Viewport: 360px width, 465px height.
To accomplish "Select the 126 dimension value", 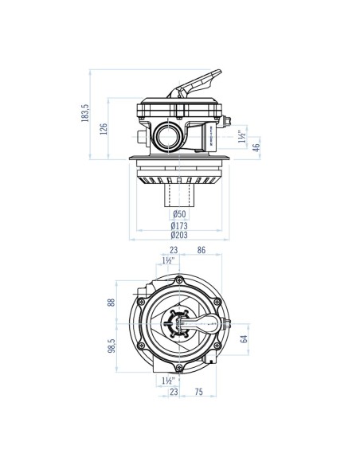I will (x=104, y=130).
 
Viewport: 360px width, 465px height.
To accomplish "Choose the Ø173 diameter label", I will (x=179, y=225).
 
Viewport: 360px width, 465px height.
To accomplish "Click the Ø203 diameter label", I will (x=179, y=236).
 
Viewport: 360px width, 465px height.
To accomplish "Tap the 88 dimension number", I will (x=111, y=303).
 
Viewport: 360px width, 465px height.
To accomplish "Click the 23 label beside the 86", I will (x=174, y=252).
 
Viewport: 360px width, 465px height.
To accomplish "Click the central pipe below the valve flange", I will (x=179, y=195).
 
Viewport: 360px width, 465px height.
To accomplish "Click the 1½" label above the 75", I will (x=168, y=381).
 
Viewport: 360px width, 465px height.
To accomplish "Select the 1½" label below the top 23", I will (x=168, y=261).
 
